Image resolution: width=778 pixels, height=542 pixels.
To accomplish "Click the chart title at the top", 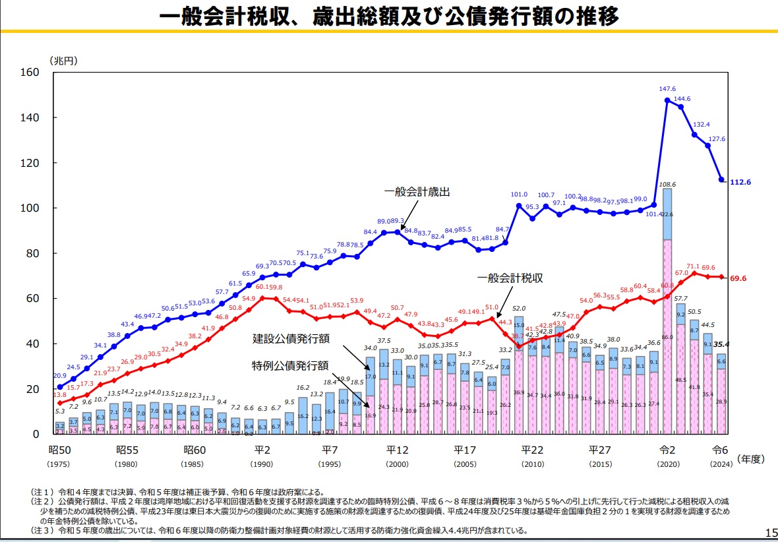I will pyautogui.click(x=389, y=16).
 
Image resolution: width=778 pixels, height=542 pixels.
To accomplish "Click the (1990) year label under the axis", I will pyautogui.click(x=262, y=463).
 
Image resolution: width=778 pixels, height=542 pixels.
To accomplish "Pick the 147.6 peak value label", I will pyautogui.click(x=667, y=89).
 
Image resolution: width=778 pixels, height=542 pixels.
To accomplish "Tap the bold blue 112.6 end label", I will pyautogui.click(x=740, y=181).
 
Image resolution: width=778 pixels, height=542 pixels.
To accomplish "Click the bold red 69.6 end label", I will pyautogui.click(x=739, y=279).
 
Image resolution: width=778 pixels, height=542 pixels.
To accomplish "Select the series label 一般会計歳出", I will pyautogui.click(x=417, y=192).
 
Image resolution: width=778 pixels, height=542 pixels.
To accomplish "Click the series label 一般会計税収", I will pyautogui.click(x=510, y=278).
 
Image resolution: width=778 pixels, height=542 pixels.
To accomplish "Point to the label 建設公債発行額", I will pyautogui.click(x=291, y=339).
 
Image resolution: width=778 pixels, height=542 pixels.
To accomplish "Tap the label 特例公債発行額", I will pyautogui.click(x=291, y=365).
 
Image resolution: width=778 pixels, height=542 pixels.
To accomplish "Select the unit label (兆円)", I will pyautogui.click(x=63, y=60).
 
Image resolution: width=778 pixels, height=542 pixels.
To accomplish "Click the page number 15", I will pyautogui.click(x=771, y=532).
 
